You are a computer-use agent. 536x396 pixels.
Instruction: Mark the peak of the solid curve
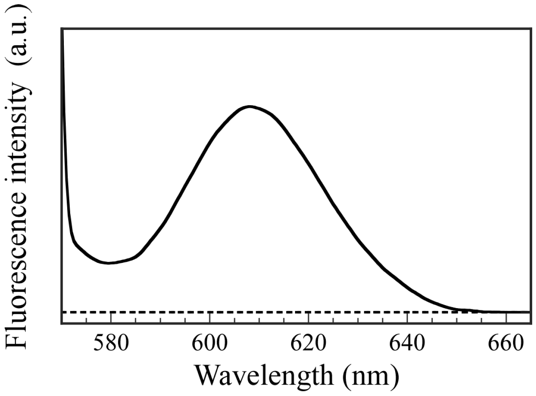click(250, 107)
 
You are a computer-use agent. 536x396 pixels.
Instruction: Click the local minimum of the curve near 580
click(109, 263)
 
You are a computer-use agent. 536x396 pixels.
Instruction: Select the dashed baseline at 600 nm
click(210, 312)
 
